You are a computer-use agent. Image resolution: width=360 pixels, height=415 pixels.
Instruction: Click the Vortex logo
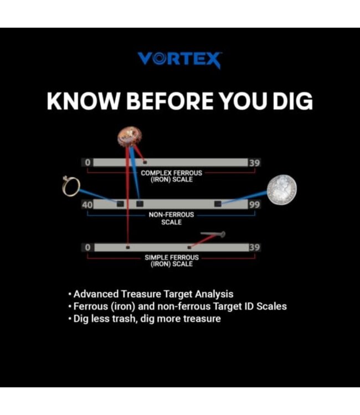[179, 60]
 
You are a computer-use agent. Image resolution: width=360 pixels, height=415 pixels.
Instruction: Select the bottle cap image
[130, 137]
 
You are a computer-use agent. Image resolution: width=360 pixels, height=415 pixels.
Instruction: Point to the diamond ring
[71, 186]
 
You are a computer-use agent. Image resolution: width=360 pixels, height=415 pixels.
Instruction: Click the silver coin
[281, 189]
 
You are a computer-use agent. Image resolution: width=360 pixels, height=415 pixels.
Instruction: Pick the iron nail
[213, 234]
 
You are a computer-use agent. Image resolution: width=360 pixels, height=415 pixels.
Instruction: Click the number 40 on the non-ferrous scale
[88, 205]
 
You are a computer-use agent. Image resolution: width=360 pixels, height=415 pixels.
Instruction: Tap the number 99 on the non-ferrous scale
[254, 205]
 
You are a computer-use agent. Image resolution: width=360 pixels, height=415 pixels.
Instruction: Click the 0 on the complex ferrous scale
[88, 162]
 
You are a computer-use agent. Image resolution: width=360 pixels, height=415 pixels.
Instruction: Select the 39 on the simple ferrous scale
[254, 247]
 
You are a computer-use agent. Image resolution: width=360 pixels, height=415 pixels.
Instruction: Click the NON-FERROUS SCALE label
[171, 219]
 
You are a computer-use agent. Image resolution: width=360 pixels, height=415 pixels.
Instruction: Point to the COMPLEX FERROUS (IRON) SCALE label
[171, 176]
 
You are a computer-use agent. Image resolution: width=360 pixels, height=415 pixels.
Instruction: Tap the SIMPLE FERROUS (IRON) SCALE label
[172, 261]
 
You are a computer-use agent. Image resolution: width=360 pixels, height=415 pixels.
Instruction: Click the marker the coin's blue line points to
[218, 203]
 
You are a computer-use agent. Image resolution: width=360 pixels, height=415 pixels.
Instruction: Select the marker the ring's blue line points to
[120, 204]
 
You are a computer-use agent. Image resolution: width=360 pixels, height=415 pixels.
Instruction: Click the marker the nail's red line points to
[189, 247]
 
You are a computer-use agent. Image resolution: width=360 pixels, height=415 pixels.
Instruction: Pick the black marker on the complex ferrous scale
[145, 162]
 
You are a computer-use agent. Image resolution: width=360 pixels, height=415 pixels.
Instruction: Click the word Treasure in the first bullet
[141, 294]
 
